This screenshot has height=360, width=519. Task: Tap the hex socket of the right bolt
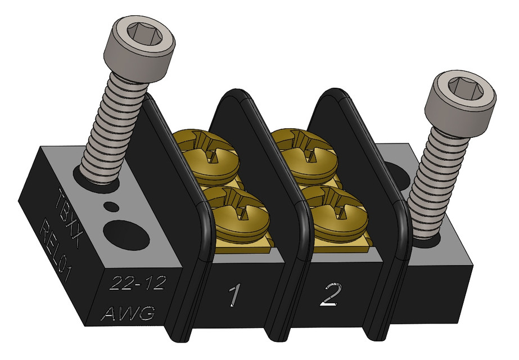[464, 89]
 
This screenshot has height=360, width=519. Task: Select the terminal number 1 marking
[234, 296]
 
